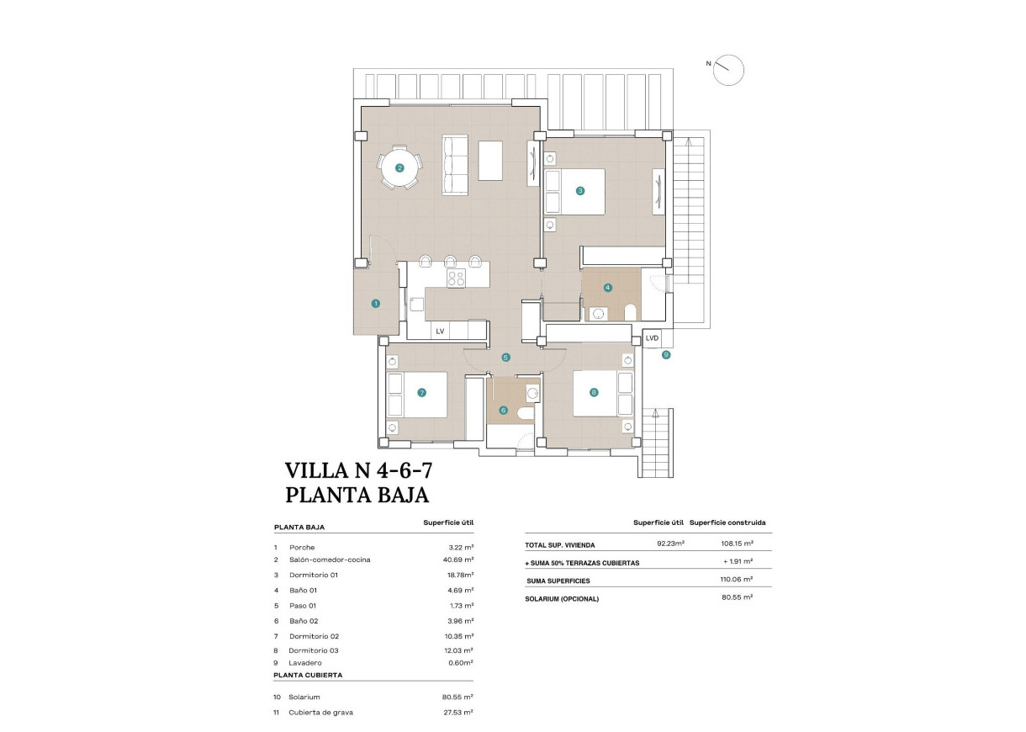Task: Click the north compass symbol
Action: coord(728,71)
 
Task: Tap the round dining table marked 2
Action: coord(399,167)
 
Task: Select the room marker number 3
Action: coord(580,191)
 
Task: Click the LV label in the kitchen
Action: coord(439,332)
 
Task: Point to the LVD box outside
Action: coord(653,338)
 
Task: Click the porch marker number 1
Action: coord(376,303)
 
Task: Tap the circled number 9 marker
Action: coord(666,355)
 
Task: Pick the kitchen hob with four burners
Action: coord(456,278)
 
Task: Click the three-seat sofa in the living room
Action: coord(455,164)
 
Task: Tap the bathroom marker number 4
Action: coord(608,287)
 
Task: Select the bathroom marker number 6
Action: coord(504,411)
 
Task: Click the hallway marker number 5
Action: coord(505,358)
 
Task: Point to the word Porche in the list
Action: coord(301,547)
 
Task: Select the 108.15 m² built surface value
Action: coord(737,544)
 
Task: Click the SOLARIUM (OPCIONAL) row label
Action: coord(562,599)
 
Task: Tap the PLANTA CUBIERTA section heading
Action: coord(308,675)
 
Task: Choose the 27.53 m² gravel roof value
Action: coord(457,712)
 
